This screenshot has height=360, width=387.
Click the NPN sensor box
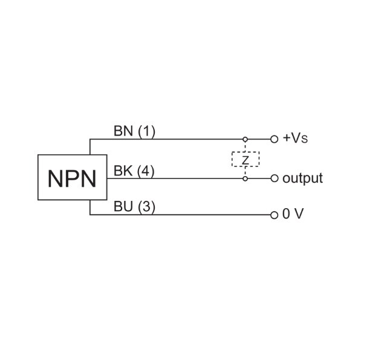point(71,177)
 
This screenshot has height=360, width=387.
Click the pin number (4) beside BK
point(145,171)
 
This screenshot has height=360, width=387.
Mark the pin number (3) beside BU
point(146,207)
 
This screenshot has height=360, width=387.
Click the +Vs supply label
point(294,139)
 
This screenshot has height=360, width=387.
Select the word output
point(302,178)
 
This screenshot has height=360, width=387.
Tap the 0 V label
point(293,214)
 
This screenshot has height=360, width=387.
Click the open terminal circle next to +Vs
point(274,139)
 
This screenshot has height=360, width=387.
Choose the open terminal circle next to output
point(274,178)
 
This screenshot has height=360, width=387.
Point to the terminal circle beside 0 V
point(274,214)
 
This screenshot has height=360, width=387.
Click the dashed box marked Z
point(246,159)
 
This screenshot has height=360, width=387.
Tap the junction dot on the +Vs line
point(246,139)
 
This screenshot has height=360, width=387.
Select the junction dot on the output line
point(246,178)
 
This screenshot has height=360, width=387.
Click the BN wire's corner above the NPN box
point(90,139)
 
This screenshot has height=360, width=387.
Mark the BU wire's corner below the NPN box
point(90,214)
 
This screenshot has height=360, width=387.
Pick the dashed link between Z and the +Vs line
point(246,146)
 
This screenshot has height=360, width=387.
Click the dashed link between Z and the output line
point(246,171)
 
